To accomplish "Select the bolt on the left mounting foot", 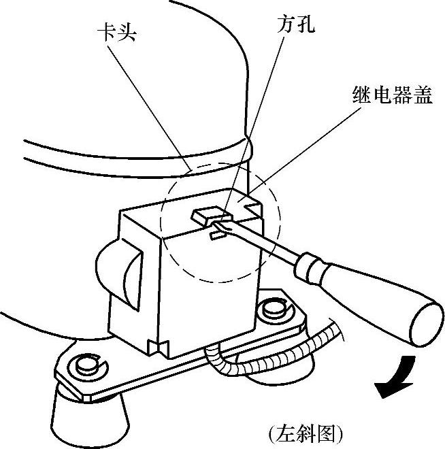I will click(86, 366).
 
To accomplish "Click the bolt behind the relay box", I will click(274, 307).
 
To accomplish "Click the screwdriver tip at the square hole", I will click(219, 224).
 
